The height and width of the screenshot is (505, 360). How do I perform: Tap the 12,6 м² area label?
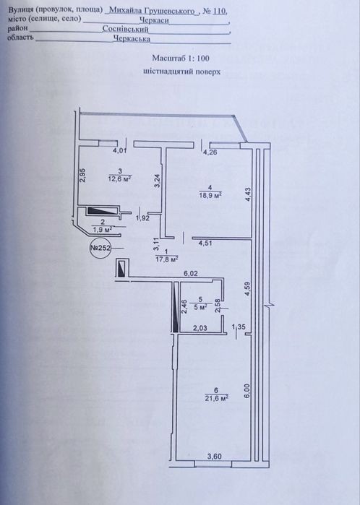(120, 178)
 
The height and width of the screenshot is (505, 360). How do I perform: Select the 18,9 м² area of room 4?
(211, 195)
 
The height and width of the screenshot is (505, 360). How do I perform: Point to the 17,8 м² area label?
(166, 259)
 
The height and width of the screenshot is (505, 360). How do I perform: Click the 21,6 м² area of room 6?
(217, 398)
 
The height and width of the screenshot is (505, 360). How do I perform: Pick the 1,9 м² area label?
(103, 229)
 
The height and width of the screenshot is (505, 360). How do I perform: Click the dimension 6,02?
(191, 274)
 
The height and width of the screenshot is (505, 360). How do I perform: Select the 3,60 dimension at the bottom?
(214, 457)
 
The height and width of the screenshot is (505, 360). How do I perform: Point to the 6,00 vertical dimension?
(247, 391)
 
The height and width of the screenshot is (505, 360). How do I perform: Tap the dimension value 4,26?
(210, 152)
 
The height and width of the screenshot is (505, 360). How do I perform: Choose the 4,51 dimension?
(205, 243)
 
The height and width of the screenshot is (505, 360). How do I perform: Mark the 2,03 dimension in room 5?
(200, 328)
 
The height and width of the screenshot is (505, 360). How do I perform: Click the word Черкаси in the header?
(154, 21)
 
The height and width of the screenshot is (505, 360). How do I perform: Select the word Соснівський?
(125, 30)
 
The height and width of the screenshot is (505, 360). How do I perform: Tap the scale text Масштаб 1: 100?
(181, 59)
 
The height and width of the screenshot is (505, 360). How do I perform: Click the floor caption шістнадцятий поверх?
(181, 72)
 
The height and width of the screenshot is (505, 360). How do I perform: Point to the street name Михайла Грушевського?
(152, 11)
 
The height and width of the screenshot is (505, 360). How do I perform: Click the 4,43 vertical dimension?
(248, 195)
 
